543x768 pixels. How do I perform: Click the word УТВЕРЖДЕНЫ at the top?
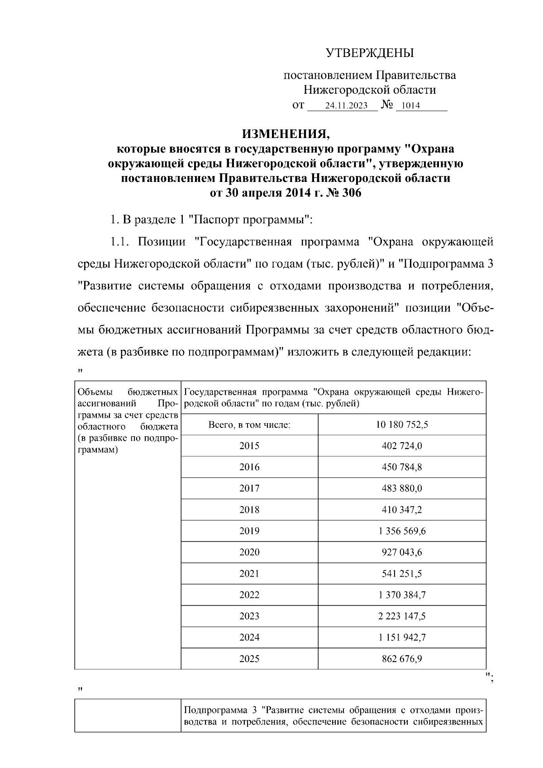click(370, 53)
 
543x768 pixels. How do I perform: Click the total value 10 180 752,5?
click(402, 425)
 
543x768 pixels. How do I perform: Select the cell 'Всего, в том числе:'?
click(249, 425)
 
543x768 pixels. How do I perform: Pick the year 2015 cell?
click(249, 446)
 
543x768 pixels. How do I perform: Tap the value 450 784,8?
click(402, 467)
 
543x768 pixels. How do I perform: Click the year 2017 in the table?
click(249, 488)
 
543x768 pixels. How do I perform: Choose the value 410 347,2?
click(402, 510)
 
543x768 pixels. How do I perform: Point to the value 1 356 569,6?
click(402, 531)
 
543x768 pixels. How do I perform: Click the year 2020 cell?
click(249, 552)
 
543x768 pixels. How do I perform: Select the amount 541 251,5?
click(402, 573)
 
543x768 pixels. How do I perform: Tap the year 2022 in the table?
click(249, 595)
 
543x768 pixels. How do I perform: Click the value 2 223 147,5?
click(402, 616)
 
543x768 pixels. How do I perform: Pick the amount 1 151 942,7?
click(402, 637)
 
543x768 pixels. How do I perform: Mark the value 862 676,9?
click(402, 658)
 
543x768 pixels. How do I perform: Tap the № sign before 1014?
click(387, 105)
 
